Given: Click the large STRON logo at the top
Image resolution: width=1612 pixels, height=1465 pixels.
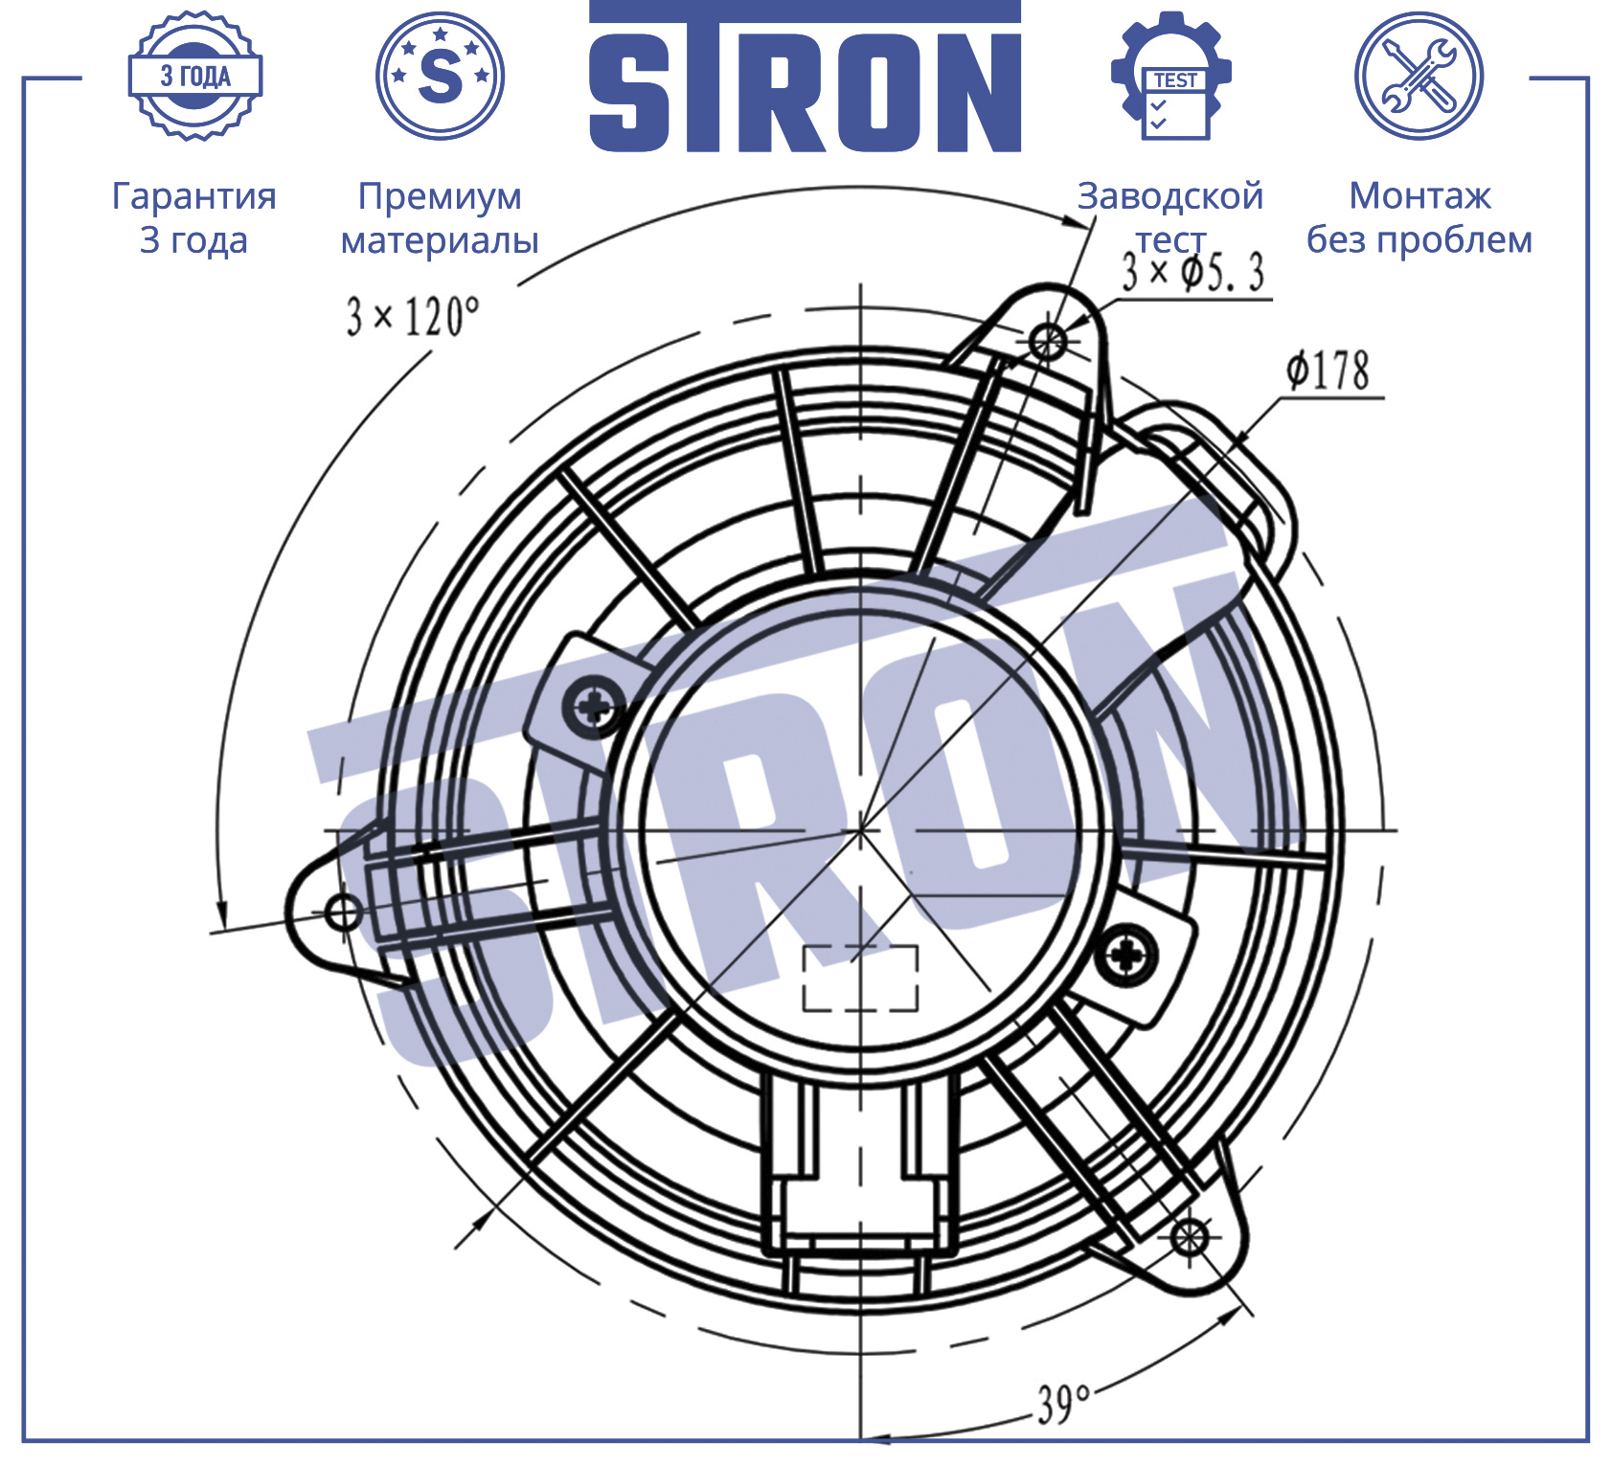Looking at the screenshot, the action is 805,77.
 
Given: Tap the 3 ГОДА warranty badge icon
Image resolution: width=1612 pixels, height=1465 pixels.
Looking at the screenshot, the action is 195,76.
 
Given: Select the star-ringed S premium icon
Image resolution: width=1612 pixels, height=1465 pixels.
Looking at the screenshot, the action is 440,76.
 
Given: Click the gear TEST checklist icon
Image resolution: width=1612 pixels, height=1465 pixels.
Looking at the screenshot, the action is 1170,76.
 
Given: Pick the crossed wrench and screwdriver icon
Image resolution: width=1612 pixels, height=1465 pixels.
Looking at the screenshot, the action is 1419,76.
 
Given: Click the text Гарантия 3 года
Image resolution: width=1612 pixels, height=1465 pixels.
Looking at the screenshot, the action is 194,217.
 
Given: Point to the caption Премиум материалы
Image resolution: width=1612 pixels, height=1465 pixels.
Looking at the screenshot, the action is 440,217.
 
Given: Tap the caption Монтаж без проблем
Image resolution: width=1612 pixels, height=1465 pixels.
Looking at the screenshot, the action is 1419,217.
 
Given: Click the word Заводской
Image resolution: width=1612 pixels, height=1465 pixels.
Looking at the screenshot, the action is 1170,196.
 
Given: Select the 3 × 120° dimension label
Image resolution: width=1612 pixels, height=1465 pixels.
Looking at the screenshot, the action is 413,316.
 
